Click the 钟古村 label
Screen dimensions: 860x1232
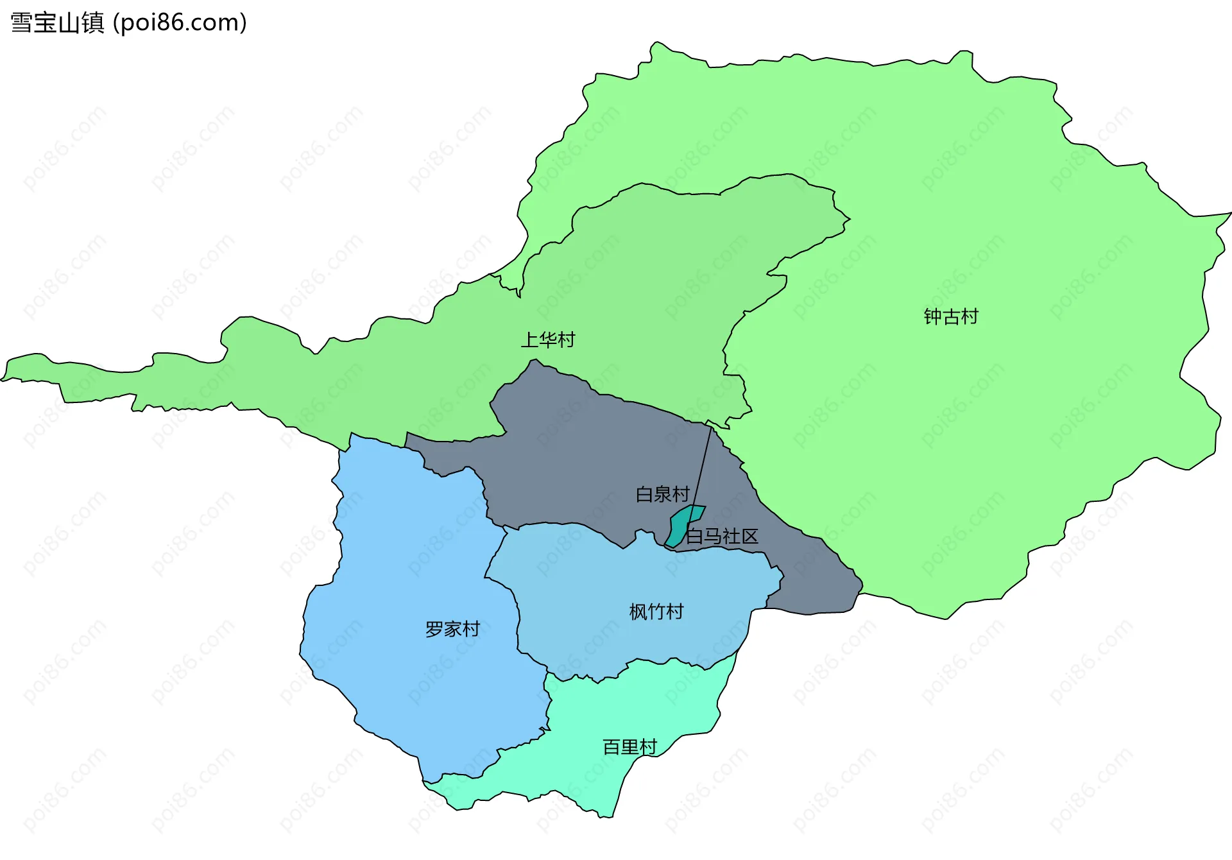(x=950, y=316)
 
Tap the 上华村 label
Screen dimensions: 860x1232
(x=547, y=340)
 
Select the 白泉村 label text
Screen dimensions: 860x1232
(x=662, y=494)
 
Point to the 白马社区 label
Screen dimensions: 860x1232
(x=722, y=536)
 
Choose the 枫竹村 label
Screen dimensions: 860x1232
(x=656, y=612)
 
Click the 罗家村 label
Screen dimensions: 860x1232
(x=452, y=629)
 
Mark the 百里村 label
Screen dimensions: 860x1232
(x=629, y=747)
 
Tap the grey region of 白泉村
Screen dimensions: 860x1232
(x=577, y=462)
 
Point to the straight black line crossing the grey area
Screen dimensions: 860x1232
(x=703, y=465)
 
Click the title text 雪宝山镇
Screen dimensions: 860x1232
(x=57, y=22)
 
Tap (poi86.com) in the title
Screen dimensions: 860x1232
(x=180, y=22)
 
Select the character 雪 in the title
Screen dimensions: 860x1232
(x=21, y=22)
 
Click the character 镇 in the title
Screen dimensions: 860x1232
(x=93, y=22)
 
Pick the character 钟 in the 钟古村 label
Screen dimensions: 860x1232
(x=932, y=316)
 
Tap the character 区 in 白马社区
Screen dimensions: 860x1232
(x=749, y=536)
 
